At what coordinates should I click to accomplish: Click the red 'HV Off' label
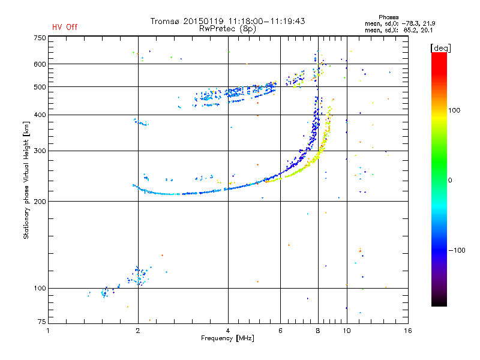pos(65,27)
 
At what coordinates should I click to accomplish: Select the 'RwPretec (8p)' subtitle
pos(227,29)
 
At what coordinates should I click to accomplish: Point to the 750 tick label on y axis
pos(40,38)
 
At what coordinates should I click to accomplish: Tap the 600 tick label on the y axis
pos(40,64)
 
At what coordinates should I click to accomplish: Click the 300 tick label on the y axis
pos(40,151)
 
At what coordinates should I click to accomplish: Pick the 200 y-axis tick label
pos(40,202)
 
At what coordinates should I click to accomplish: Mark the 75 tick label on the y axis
pos(41,322)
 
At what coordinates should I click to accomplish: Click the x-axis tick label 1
pos(48,331)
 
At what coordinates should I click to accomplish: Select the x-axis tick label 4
pos(228,331)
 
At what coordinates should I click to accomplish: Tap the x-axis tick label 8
pos(318,331)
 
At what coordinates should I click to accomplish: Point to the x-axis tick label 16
pos(408,331)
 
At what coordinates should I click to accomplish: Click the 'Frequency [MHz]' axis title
pos(227,338)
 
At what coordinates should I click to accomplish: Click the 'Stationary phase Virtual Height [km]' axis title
pos(26,180)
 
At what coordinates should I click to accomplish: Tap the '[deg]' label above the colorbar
pos(440,48)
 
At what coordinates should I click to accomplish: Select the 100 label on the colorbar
pos(454,110)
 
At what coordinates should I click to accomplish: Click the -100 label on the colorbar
pos(457,250)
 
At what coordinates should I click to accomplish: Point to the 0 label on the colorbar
pos(450,181)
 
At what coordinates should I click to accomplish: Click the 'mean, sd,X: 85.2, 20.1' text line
pos(399,31)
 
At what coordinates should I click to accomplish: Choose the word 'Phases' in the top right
pos(388,17)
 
